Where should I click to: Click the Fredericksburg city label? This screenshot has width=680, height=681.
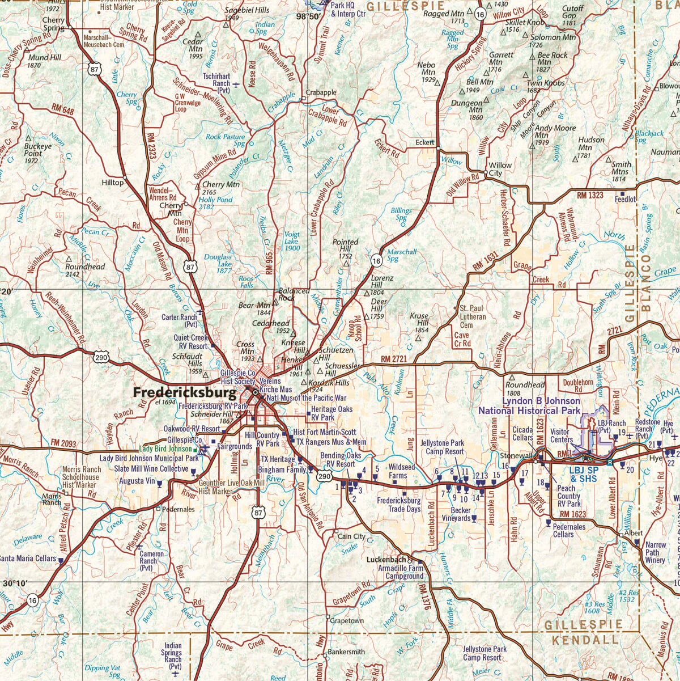[x=184, y=392]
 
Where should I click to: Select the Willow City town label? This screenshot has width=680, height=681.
[x=500, y=169]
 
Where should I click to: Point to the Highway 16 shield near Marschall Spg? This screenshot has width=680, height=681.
[x=377, y=260]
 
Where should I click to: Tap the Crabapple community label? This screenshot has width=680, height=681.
[x=321, y=92]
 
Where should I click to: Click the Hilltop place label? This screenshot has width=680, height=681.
[x=112, y=183]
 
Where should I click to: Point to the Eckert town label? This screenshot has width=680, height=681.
[x=424, y=142]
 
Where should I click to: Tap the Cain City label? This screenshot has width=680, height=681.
[x=351, y=536]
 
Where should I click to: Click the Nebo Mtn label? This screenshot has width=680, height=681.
[x=427, y=69]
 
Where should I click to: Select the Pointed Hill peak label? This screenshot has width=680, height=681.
[x=346, y=246]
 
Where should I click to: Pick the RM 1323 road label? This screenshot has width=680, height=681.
[x=590, y=195]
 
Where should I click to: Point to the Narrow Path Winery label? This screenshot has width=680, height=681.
[x=655, y=552]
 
